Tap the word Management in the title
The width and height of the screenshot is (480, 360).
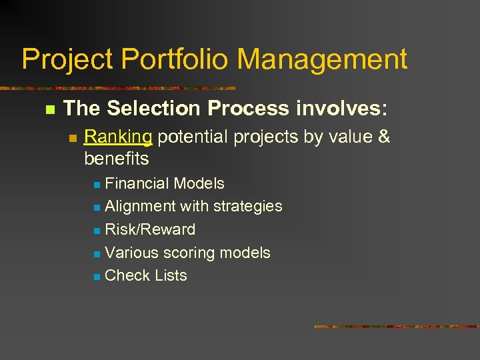tap(322, 59)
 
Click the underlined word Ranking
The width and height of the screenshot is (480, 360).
tap(119, 137)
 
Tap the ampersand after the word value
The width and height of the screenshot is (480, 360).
tap(383, 137)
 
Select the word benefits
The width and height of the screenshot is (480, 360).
tap(117, 159)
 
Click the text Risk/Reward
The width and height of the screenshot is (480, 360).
tap(150, 230)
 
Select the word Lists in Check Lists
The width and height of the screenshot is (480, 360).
tap(170, 276)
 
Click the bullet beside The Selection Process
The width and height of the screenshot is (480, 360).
tap(48, 109)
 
